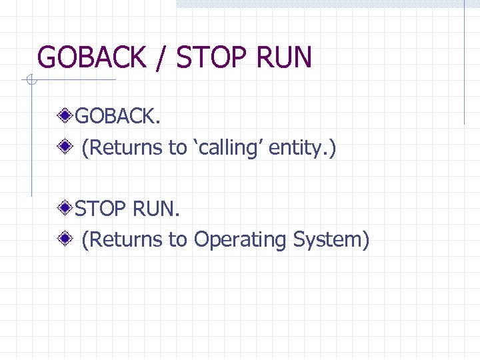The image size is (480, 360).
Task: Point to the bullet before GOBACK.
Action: [x=65, y=117]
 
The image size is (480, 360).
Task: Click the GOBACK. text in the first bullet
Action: [x=117, y=117]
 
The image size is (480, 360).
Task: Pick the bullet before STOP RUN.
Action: [x=65, y=209]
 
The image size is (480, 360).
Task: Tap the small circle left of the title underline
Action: [x=31, y=81]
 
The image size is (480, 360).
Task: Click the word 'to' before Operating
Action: [x=178, y=239]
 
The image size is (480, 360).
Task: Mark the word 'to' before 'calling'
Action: [x=178, y=147]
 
